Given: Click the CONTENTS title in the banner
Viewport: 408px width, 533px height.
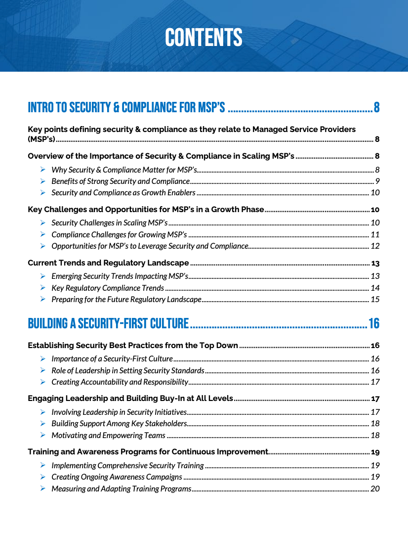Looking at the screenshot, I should point(204,38).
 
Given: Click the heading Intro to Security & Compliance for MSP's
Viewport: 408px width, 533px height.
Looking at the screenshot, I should point(126,107).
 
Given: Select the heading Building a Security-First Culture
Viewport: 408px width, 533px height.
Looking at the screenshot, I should point(108,324).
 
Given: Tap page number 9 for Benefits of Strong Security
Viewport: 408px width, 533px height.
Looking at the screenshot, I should point(377,181).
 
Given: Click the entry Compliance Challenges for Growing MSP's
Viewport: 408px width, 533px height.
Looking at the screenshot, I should point(119,234).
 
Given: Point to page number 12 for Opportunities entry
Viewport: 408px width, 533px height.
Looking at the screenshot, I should point(375,246).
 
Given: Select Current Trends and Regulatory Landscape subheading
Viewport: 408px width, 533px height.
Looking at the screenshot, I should point(108,263).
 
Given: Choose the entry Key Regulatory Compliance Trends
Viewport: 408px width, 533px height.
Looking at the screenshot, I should point(108,288).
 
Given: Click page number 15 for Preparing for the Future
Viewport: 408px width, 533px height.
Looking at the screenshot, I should point(375,300).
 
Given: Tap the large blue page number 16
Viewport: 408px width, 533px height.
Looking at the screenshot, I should point(374,324).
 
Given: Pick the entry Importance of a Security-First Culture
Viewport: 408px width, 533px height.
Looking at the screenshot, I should point(112,359).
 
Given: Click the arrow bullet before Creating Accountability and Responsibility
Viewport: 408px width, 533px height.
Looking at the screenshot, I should point(43,382).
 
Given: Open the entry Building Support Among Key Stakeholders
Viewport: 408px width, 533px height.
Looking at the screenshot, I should point(119,424).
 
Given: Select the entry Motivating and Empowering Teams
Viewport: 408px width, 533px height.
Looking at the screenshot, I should point(108,436).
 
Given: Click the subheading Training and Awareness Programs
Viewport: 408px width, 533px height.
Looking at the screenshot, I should point(148,452).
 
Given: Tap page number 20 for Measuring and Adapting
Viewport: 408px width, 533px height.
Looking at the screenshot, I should point(375,489).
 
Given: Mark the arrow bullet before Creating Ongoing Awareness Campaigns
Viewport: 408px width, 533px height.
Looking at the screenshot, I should point(43,477).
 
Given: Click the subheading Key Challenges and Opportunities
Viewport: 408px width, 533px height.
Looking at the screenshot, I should point(146,210).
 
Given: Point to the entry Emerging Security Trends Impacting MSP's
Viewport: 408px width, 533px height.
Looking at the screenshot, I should point(120,276).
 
